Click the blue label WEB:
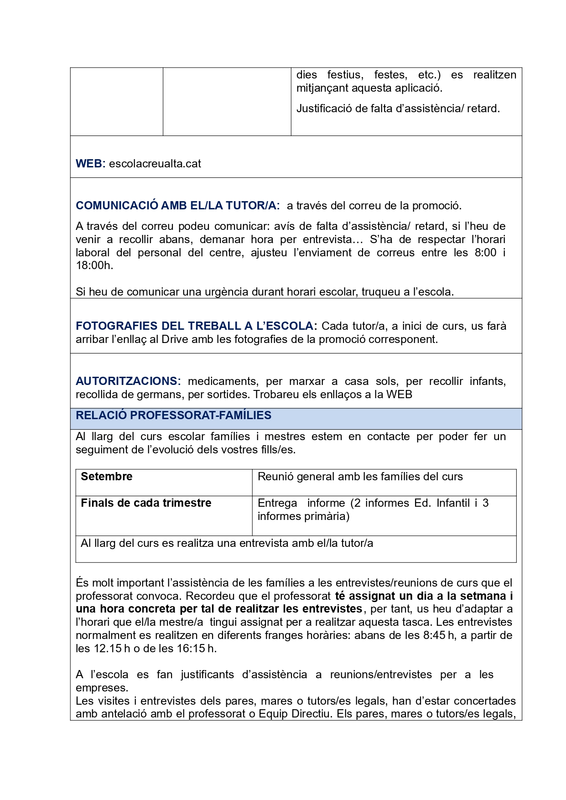(90, 164)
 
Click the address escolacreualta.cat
(155, 164)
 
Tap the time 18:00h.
(93, 265)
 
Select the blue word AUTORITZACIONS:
(128, 381)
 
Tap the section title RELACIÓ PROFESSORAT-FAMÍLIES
(173, 416)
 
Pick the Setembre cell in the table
(107, 477)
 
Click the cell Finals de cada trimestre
(146, 503)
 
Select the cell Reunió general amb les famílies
(360, 477)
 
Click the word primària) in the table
(327, 516)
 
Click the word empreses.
(102, 688)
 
